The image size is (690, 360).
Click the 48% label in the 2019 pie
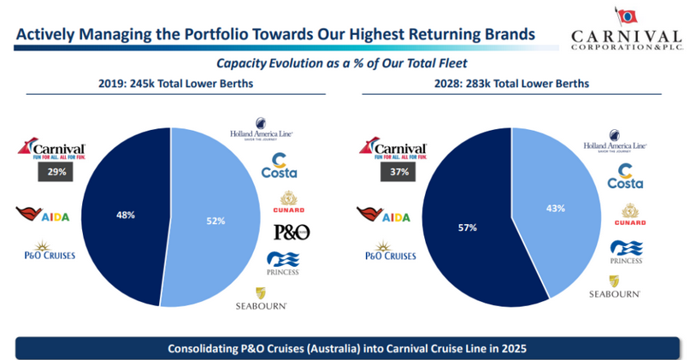point(125,215)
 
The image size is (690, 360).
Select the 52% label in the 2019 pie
point(215,221)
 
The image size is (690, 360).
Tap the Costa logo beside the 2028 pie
point(624,176)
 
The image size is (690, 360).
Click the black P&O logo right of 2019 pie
point(291,231)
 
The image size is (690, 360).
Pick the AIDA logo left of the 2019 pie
point(42,214)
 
